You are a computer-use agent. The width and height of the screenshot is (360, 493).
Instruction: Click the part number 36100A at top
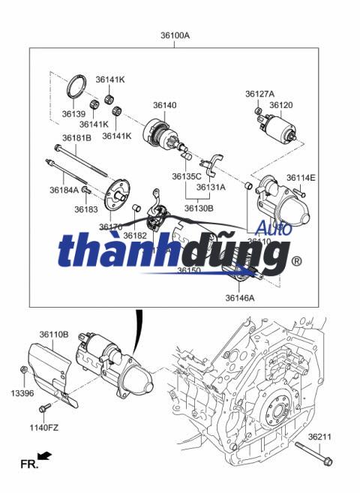[175, 35]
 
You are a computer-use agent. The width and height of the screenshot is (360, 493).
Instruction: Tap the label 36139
[74, 113]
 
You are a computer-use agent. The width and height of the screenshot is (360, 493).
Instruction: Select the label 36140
[165, 105]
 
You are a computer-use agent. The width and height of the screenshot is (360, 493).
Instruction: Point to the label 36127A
[260, 94]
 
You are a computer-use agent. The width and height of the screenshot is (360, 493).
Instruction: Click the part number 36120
[281, 105]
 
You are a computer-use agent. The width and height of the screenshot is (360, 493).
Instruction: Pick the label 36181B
[76, 138]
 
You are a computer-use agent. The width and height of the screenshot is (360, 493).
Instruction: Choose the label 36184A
[64, 190]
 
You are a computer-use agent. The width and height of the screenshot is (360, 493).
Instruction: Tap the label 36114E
[301, 178]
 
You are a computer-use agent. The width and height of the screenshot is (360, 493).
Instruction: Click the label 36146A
[240, 297]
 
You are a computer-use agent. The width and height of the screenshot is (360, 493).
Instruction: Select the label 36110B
[54, 334]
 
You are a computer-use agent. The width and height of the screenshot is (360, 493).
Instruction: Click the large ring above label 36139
[74, 88]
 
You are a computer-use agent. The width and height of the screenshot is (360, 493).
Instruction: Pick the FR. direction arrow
[45, 455]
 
